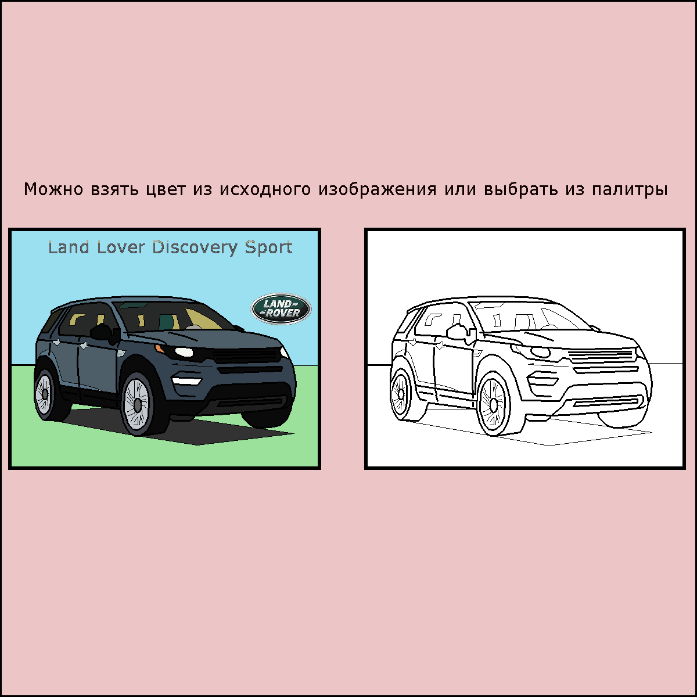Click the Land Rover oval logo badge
[x=281, y=308]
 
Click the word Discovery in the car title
[x=195, y=248]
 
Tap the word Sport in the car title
[x=268, y=248]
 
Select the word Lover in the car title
[x=121, y=247]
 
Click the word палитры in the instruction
[x=630, y=189]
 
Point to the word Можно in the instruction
[x=53, y=189]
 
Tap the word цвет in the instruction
[x=166, y=190]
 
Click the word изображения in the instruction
[x=378, y=189]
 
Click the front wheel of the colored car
[x=138, y=403]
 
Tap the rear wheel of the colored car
[x=45, y=394]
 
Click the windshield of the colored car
[x=173, y=316]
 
